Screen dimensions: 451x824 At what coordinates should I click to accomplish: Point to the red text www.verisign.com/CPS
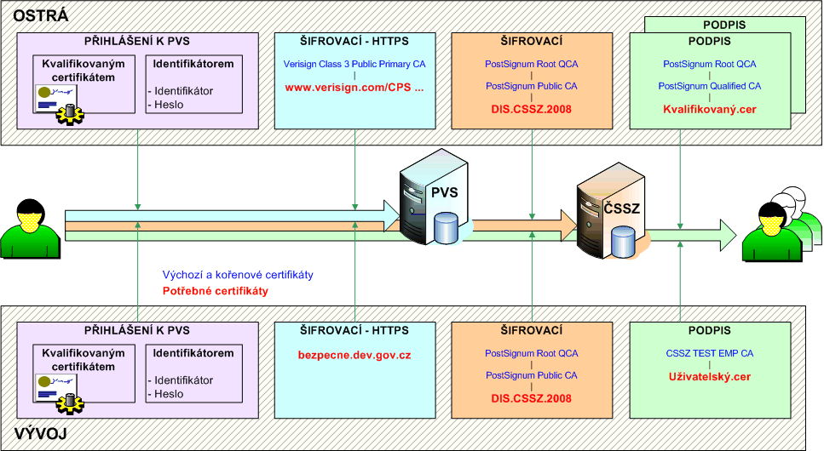[x=354, y=87]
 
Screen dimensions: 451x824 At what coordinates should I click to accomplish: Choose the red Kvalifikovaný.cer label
[x=710, y=109]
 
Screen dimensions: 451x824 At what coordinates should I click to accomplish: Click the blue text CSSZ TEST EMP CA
[x=710, y=353]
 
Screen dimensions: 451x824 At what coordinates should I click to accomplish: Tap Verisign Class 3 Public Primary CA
[x=354, y=64]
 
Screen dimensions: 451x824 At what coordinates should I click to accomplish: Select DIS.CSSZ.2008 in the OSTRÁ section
[x=531, y=109]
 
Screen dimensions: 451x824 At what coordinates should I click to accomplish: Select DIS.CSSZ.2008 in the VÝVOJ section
[x=531, y=397]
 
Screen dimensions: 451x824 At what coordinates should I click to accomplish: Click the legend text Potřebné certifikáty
[x=215, y=291]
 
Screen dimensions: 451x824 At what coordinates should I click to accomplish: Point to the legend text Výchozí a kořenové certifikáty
[x=237, y=275]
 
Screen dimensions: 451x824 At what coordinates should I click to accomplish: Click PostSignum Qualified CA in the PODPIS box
[x=710, y=86]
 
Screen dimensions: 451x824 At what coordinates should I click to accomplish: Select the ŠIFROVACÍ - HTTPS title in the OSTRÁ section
[x=354, y=41]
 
